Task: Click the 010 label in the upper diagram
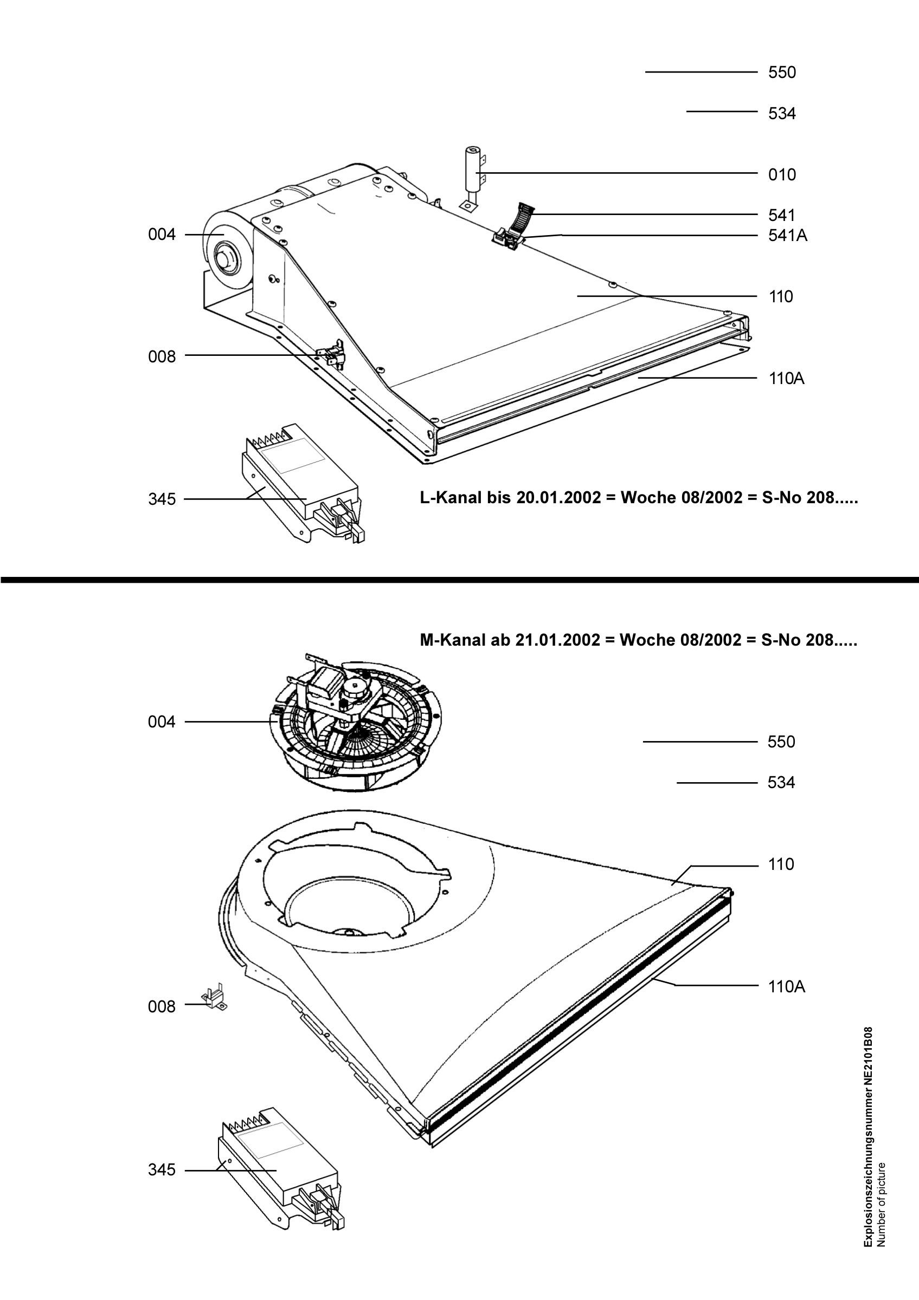[782, 174]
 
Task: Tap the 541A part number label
[788, 235]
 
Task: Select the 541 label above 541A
[782, 215]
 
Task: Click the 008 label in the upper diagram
[162, 357]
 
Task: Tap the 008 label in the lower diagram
[162, 1007]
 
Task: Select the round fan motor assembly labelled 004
[357, 721]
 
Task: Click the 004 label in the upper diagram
[162, 235]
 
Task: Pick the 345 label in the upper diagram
[162, 499]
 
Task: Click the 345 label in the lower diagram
[162, 1170]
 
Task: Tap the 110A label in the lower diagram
[786, 987]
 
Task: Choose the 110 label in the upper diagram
[781, 297]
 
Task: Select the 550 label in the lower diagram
[781, 742]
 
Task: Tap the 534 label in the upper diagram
[782, 114]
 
